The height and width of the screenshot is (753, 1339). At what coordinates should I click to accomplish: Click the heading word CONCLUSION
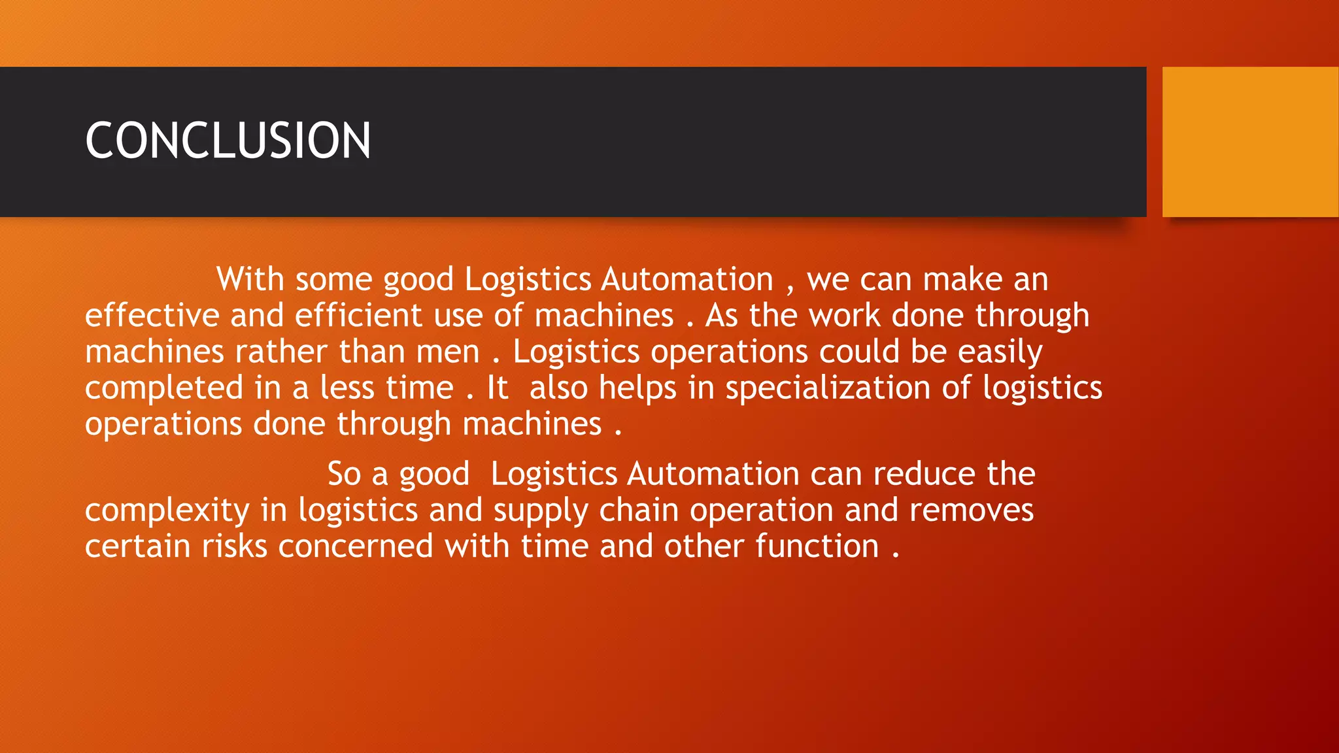tap(228, 141)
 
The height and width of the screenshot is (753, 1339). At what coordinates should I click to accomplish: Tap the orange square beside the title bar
tap(1250, 142)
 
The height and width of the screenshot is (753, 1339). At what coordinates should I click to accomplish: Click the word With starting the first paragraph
tap(250, 280)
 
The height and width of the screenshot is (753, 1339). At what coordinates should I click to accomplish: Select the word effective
tap(152, 316)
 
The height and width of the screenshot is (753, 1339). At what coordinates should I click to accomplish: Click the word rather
tap(281, 352)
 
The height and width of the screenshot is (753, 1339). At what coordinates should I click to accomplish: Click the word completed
tap(164, 388)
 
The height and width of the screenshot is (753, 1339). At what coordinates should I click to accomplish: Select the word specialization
tap(827, 388)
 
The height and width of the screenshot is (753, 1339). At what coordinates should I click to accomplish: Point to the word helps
tap(637, 388)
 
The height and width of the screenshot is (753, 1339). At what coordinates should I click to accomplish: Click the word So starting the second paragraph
tap(344, 474)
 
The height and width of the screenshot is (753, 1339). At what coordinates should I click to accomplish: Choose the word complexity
tap(167, 510)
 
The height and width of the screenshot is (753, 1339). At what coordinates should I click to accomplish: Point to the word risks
tap(235, 546)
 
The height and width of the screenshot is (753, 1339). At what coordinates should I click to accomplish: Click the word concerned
tap(356, 546)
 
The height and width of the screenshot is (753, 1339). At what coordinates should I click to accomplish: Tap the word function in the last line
tap(817, 546)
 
